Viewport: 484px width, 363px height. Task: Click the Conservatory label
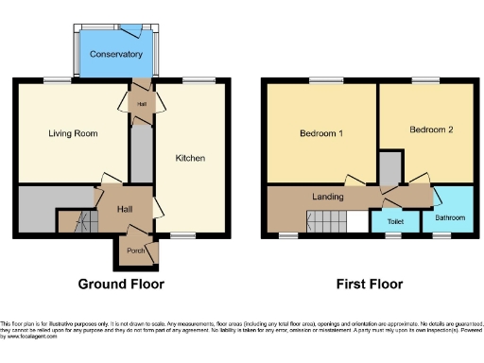[115, 54]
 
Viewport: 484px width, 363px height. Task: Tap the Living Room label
[74, 133]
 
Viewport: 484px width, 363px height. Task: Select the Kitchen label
[190, 158]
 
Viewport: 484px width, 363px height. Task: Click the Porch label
[136, 251]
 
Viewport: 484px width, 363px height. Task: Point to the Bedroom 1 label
[321, 133]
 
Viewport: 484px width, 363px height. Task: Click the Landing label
[327, 196]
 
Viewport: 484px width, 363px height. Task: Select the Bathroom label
[449, 217]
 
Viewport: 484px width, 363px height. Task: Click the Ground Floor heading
[121, 284]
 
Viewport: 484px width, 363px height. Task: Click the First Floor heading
[370, 284]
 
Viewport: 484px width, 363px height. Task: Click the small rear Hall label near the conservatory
[141, 104]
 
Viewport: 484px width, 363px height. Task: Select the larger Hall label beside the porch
[124, 209]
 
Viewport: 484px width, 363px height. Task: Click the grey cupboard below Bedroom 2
[389, 166]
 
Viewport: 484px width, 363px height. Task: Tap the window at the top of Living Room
[61, 79]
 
